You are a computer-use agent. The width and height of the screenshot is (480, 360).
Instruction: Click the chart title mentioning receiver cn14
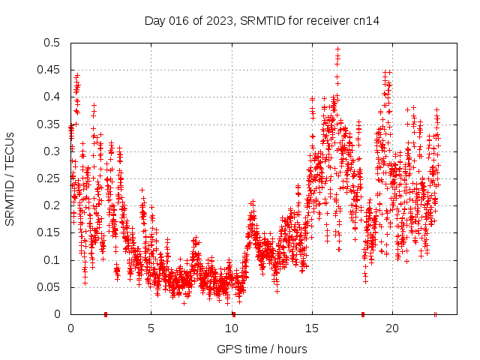pos(262,21)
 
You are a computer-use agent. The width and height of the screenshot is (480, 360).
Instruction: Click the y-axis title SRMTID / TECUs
pos(10,178)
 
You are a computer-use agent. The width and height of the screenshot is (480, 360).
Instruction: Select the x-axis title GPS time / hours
pos(262,349)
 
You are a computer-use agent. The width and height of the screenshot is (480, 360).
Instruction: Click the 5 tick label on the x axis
pos(151,328)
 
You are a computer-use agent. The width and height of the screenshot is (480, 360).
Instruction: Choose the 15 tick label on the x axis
pos(311,328)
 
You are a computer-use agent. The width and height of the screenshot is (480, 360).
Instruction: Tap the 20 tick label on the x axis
pos(391,328)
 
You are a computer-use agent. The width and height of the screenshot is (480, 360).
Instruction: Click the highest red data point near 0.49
pos(337,49)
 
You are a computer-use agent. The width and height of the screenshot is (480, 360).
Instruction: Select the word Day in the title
pos(154,21)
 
